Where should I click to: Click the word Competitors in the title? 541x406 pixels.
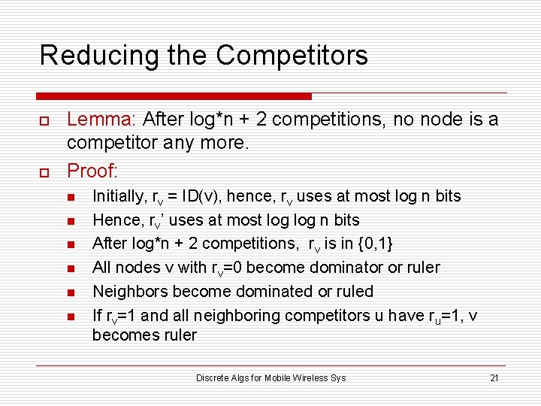pyautogui.click(x=292, y=56)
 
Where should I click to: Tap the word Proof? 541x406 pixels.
pyautogui.click(x=89, y=171)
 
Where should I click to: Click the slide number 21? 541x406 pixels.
pyautogui.click(x=494, y=378)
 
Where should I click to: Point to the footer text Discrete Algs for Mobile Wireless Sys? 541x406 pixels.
pyautogui.click(x=270, y=378)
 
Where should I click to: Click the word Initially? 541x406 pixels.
pyautogui.click(x=118, y=196)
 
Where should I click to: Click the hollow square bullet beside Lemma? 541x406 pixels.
pyautogui.click(x=43, y=120)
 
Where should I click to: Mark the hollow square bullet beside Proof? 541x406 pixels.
pyautogui.click(x=43, y=172)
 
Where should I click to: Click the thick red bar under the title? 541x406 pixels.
pyautogui.click(x=174, y=96)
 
